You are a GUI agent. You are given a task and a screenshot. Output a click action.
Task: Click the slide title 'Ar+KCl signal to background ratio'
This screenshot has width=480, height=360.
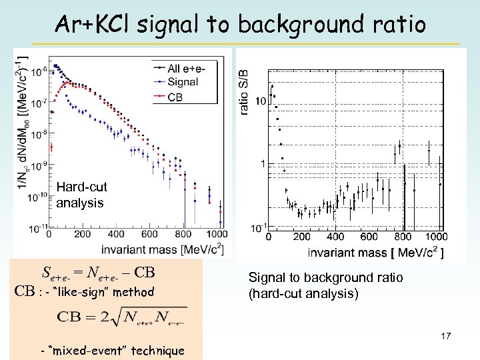[x=240, y=24]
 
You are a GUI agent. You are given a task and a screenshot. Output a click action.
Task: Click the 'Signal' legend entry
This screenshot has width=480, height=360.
[x=183, y=82]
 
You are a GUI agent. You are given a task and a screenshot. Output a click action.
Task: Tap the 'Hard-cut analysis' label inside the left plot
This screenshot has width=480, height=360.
[x=81, y=195]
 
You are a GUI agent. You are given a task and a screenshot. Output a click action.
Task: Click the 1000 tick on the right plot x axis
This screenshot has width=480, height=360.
[x=435, y=237]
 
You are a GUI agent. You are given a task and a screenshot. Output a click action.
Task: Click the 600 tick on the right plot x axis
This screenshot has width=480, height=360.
[x=369, y=237]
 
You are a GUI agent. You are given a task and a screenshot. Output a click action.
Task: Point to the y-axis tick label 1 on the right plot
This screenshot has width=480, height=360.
[x=263, y=164]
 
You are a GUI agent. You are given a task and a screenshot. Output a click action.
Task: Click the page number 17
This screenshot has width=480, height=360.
[x=445, y=336]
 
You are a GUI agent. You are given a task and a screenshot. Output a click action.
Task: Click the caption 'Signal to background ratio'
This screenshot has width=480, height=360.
[x=325, y=277]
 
